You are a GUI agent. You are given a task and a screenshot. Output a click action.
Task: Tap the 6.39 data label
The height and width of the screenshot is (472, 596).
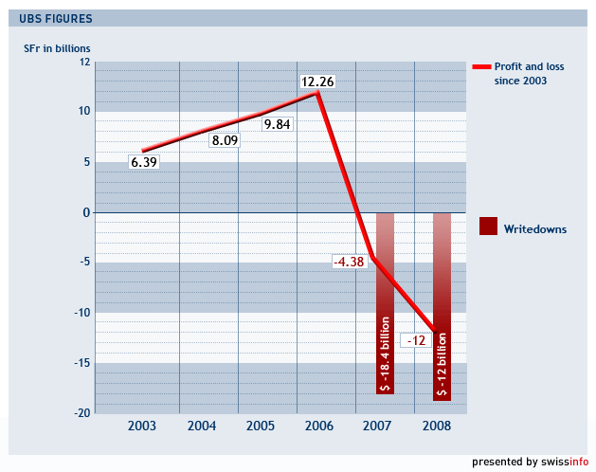(x=144, y=162)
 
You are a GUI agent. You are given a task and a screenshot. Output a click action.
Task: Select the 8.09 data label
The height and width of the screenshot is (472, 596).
(x=225, y=141)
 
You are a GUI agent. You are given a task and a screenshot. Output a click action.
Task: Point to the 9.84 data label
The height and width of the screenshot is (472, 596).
(x=278, y=124)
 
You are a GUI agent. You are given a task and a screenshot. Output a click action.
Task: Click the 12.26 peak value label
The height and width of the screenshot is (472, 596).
(x=316, y=82)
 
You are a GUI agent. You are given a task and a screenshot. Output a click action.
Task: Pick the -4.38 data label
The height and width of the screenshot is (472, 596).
(x=349, y=262)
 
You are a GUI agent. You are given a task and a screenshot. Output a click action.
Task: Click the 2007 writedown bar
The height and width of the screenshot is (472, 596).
(x=385, y=303)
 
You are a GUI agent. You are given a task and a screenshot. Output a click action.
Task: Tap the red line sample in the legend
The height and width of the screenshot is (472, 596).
(x=480, y=67)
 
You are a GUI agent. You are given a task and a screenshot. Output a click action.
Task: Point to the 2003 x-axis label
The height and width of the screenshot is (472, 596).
(x=142, y=427)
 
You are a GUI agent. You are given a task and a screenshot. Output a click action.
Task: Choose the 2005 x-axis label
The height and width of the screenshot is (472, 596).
(x=260, y=427)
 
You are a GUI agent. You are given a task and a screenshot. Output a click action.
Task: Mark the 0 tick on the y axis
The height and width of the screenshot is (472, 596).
(x=85, y=212)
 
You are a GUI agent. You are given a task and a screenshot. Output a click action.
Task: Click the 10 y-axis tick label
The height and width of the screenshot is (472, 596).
(x=83, y=112)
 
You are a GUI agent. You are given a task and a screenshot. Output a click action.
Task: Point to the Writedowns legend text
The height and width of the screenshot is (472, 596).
(x=535, y=229)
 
